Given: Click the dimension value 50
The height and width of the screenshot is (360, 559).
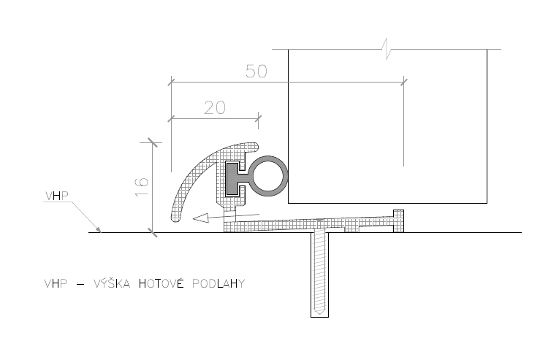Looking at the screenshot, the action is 256,72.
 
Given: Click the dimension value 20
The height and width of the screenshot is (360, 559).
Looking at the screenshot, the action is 215,107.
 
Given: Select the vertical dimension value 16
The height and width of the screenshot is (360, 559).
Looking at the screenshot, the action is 142,186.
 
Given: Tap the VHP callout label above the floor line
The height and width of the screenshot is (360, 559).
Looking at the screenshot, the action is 57,196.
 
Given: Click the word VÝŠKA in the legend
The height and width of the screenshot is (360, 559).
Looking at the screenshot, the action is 112,283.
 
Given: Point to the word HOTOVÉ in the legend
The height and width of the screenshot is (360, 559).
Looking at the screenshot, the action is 161,283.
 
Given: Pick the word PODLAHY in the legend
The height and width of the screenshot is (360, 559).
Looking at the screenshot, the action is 218,284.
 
